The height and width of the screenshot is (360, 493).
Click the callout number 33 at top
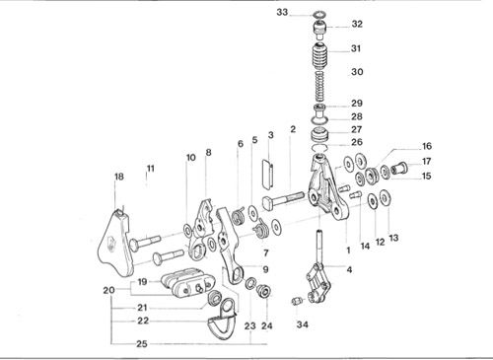pos(282,13)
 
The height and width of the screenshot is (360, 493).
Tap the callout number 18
pos(119,177)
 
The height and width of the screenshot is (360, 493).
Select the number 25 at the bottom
pos(142,344)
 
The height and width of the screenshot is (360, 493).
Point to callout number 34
pos(303,324)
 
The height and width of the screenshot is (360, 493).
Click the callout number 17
pos(426,162)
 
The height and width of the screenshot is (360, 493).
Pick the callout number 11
pos(150,169)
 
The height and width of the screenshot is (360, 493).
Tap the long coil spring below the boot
pos(319,87)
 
